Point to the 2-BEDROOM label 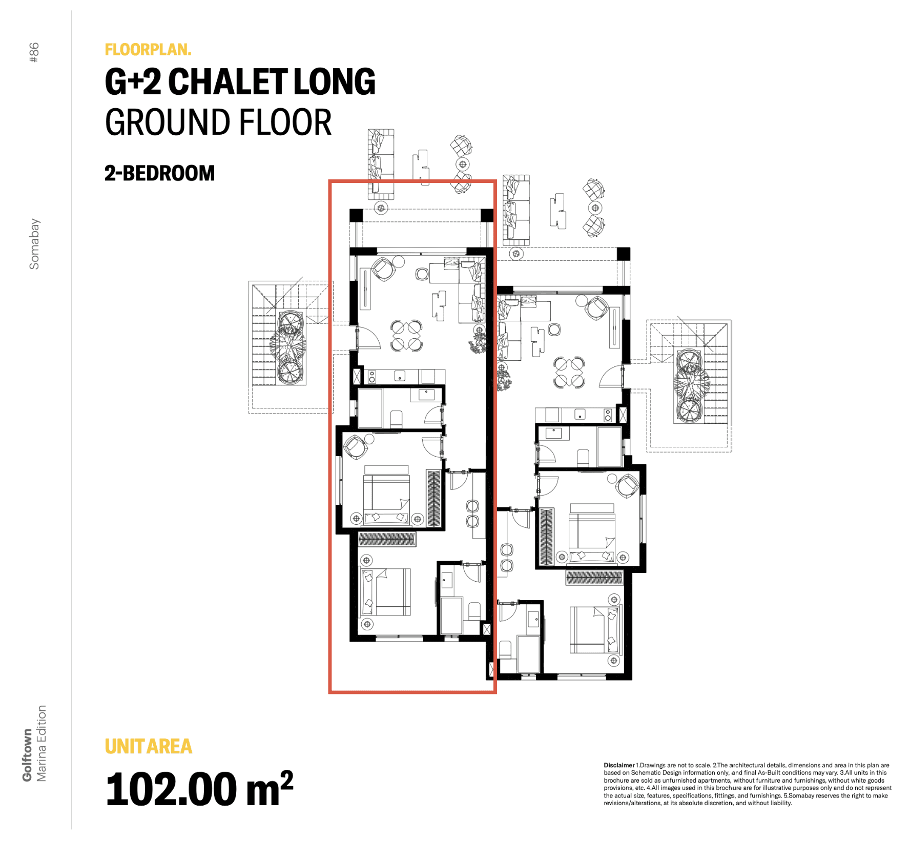(159, 173)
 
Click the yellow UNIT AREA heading (149, 746)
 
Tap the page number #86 (34, 52)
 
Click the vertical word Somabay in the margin (34, 244)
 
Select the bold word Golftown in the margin (27, 755)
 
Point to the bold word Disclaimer (619, 765)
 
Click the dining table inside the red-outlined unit (407, 336)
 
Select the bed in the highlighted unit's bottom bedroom (386, 591)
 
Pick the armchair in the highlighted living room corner (383, 269)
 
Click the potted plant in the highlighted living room (478, 343)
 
